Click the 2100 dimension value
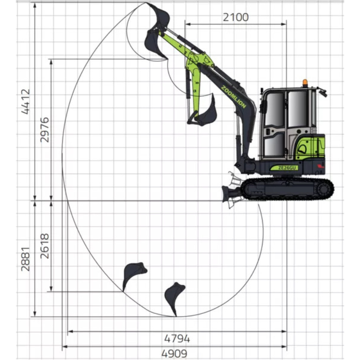coord(235,17)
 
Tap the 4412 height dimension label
coord(26,102)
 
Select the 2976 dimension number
coord(45,130)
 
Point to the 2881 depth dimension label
coord(26,259)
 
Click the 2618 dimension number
coord(45,246)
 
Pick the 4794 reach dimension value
coord(177,339)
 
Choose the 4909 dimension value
coord(175,354)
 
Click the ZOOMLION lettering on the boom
coord(234,97)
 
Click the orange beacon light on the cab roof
coord(305,83)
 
